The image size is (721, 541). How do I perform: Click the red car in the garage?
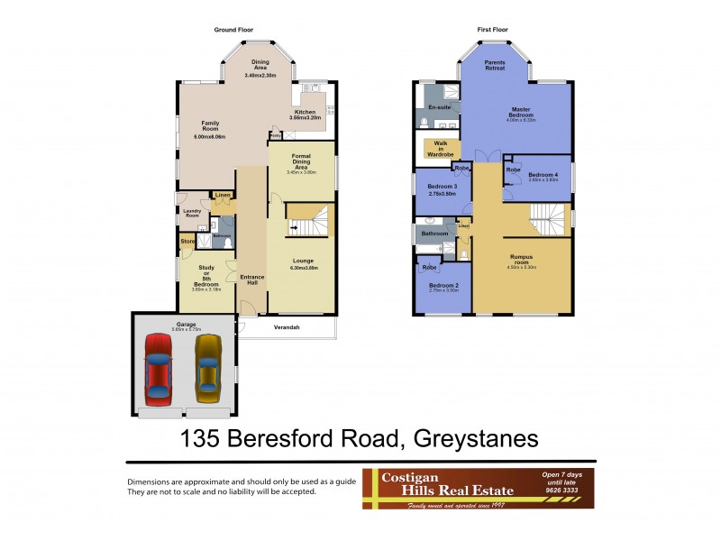159,369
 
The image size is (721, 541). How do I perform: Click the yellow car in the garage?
208,369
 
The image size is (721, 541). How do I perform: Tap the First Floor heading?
492,30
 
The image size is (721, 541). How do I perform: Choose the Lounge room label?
303,262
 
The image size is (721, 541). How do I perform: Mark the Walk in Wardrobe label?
440,149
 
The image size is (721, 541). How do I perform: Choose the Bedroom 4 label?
543,176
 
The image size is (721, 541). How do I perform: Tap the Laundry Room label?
192,214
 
